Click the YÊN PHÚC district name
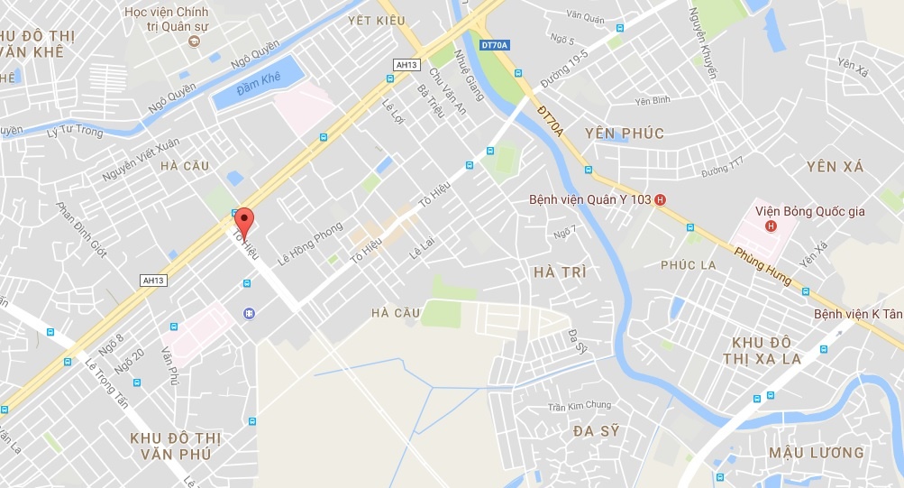click(x=624, y=134)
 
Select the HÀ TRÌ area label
click(x=560, y=272)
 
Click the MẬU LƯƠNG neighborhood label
click(x=817, y=452)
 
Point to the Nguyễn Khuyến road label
click(x=702, y=42)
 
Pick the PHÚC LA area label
click(x=688, y=265)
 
